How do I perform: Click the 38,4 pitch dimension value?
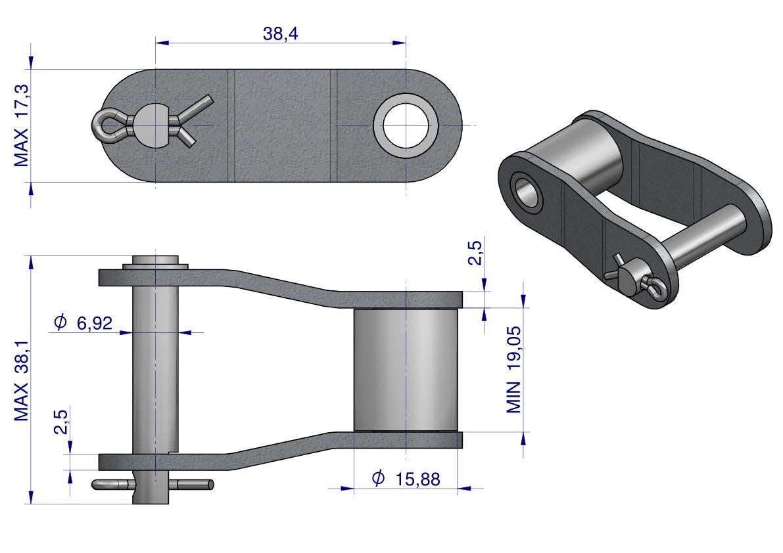281,33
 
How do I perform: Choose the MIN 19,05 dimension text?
513,369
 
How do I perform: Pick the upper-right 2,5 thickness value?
475,252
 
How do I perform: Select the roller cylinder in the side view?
405,368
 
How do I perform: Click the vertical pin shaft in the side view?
155,368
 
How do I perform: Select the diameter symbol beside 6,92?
60,322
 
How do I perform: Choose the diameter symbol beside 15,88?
378,479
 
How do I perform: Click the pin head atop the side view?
155,261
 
